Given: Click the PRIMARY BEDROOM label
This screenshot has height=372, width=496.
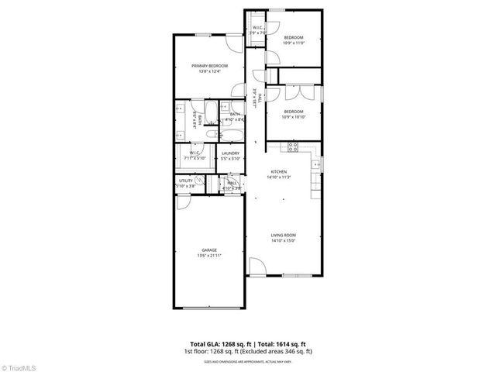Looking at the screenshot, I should (209, 66).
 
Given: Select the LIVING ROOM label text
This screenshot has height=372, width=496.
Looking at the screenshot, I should (284, 235).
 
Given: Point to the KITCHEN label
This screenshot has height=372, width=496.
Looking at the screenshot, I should (279, 171).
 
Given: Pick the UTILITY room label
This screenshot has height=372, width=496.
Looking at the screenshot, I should (186, 181).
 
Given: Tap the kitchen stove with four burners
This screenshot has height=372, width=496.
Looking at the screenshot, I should (293, 146).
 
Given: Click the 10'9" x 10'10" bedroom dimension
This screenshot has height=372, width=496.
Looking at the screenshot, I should (294, 116).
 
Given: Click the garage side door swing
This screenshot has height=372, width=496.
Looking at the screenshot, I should (184, 204).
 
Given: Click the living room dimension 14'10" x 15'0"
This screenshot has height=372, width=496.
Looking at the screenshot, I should (284, 240).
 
